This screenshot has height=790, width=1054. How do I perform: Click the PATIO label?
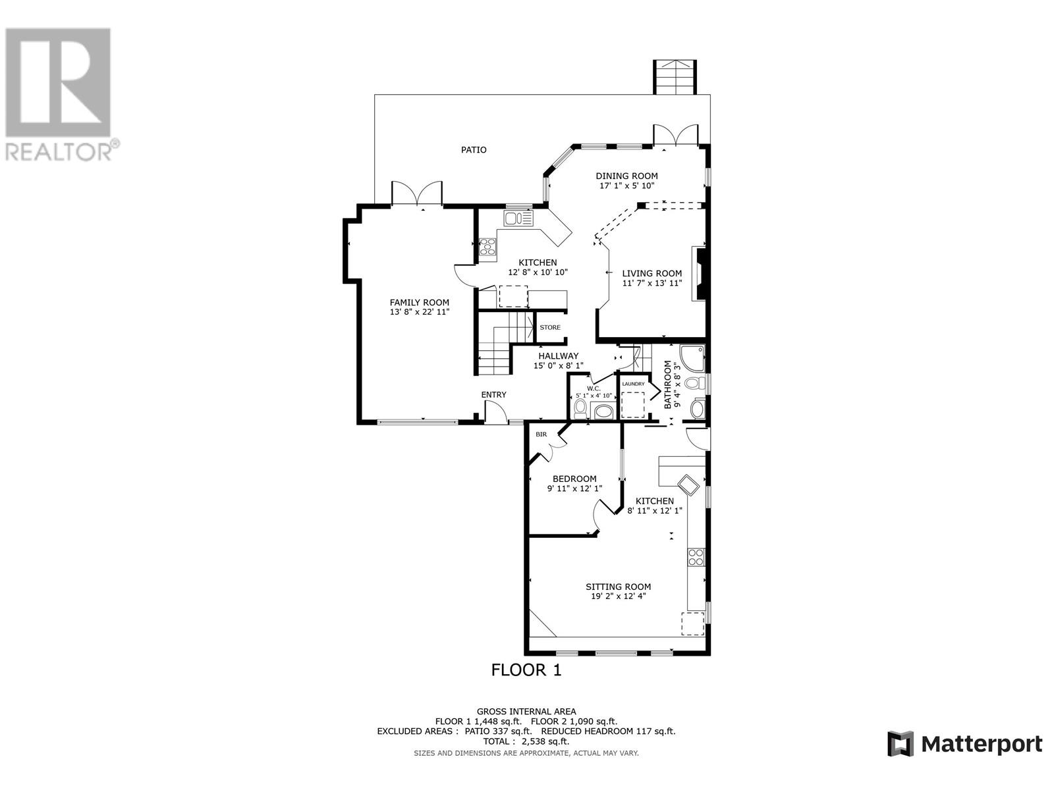click(474, 150)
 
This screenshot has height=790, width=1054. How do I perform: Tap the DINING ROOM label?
click(626, 176)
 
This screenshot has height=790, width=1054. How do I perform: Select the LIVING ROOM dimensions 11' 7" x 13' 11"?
click(652, 283)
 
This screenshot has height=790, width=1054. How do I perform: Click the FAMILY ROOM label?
click(419, 303)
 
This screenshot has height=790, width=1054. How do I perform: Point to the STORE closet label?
click(550, 328)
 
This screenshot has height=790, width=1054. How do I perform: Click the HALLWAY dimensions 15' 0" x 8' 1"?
click(559, 365)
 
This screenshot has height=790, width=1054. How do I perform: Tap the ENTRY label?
click(493, 395)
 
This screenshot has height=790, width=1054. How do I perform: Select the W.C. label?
click(594, 388)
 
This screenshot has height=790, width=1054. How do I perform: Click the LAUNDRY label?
click(633, 384)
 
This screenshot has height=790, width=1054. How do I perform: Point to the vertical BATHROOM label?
click(667, 384)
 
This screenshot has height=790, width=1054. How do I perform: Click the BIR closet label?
click(541, 434)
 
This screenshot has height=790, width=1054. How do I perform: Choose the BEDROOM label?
click(574, 479)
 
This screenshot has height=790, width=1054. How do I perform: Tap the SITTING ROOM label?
click(618, 587)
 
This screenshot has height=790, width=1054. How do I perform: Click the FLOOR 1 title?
click(526, 670)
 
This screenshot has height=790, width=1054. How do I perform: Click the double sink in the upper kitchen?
click(518, 219)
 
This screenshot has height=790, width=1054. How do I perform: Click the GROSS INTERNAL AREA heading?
click(526, 712)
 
